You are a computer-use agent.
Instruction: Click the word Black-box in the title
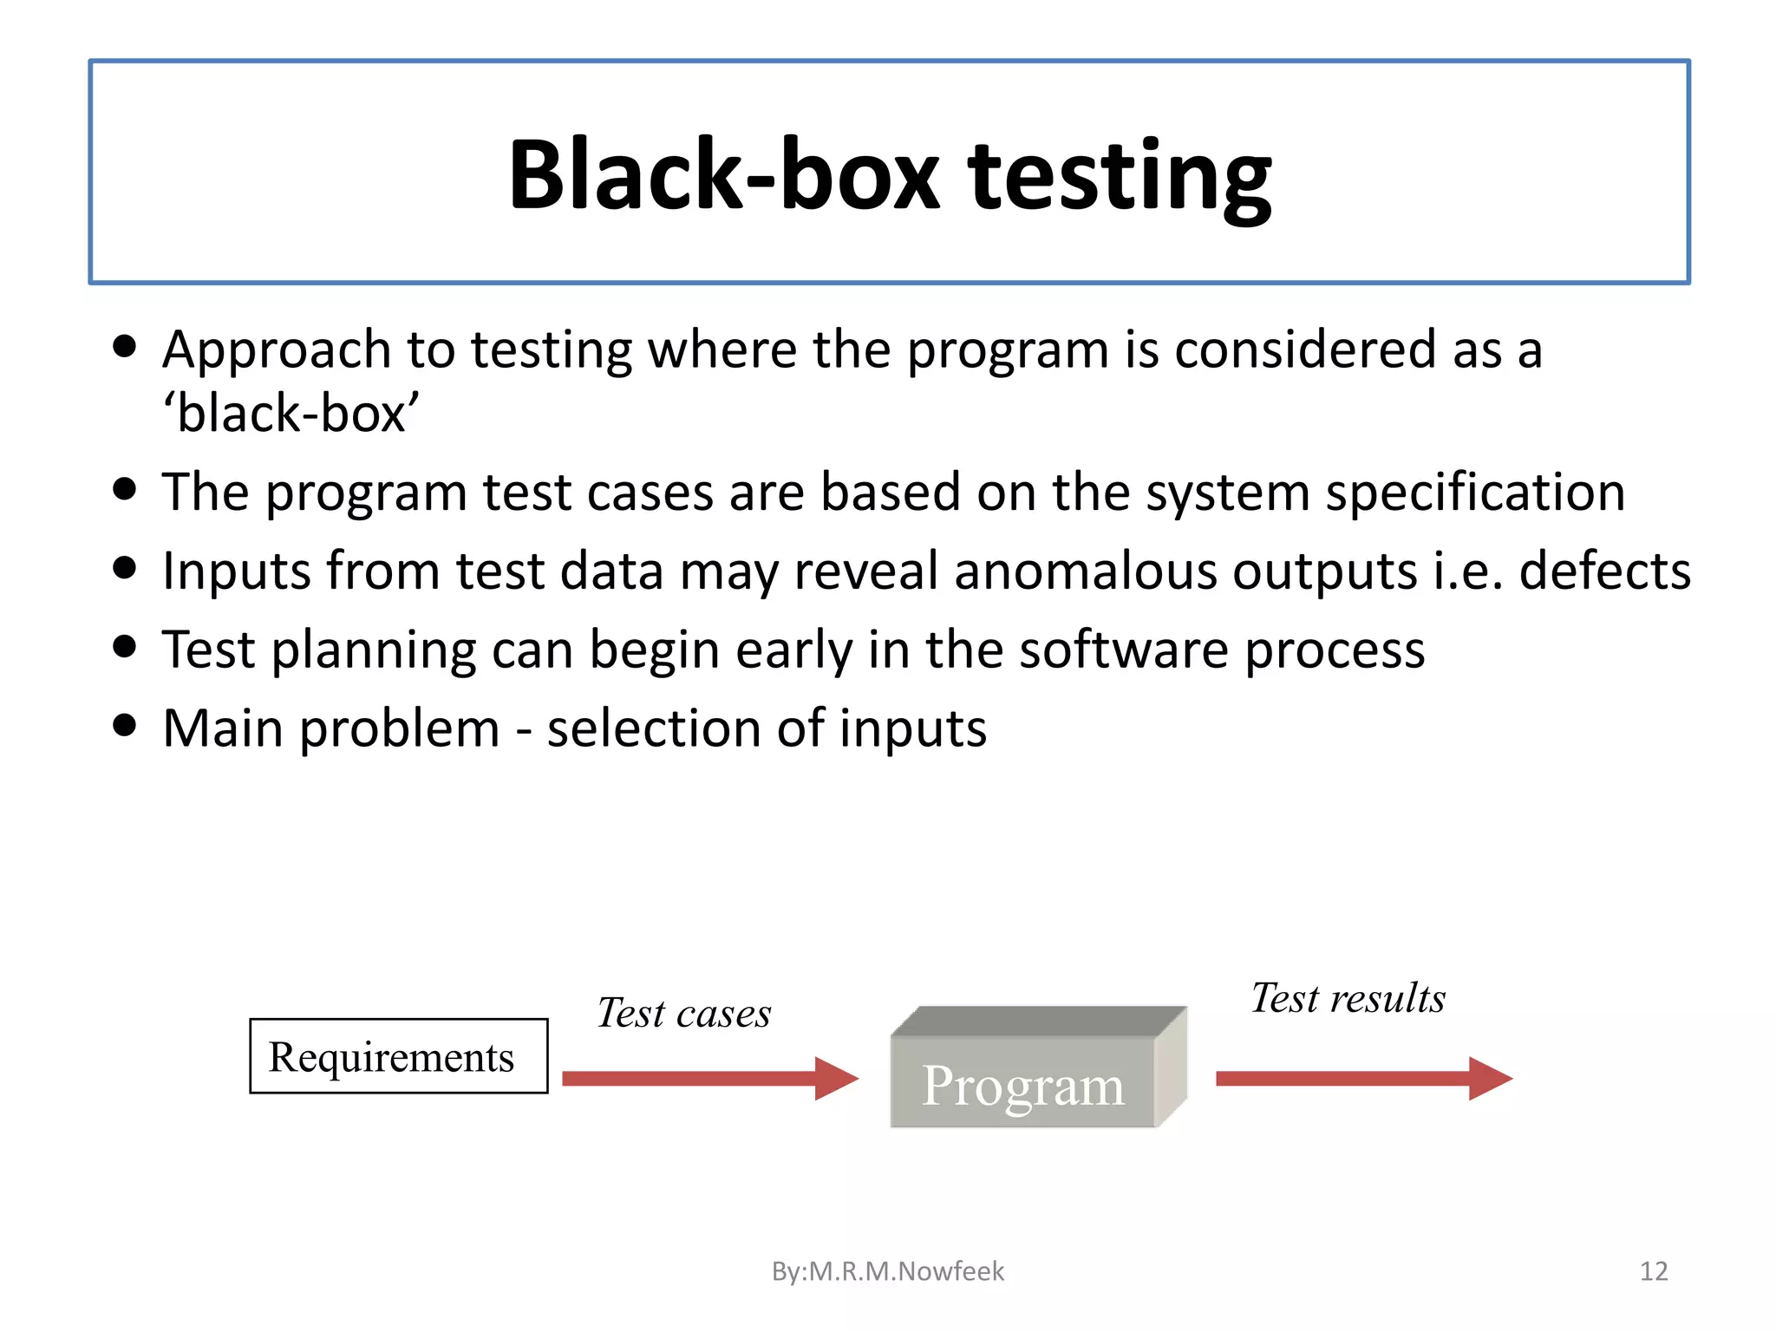(724, 175)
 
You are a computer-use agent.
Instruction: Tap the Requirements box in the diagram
(399, 1056)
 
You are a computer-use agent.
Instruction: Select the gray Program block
(1023, 1084)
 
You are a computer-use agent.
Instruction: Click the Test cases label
(683, 1013)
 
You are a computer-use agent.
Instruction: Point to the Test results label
(1348, 998)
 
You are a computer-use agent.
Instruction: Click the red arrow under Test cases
(709, 1079)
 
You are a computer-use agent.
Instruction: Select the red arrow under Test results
(1363, 1079)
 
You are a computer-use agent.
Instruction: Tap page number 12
(1653, 1271)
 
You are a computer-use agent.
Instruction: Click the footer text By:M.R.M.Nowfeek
(888, 1271)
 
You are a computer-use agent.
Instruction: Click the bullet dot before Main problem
(125, 725)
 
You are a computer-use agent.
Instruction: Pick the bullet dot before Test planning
(125, 647)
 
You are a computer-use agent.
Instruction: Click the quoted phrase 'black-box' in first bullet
(291, 413)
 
